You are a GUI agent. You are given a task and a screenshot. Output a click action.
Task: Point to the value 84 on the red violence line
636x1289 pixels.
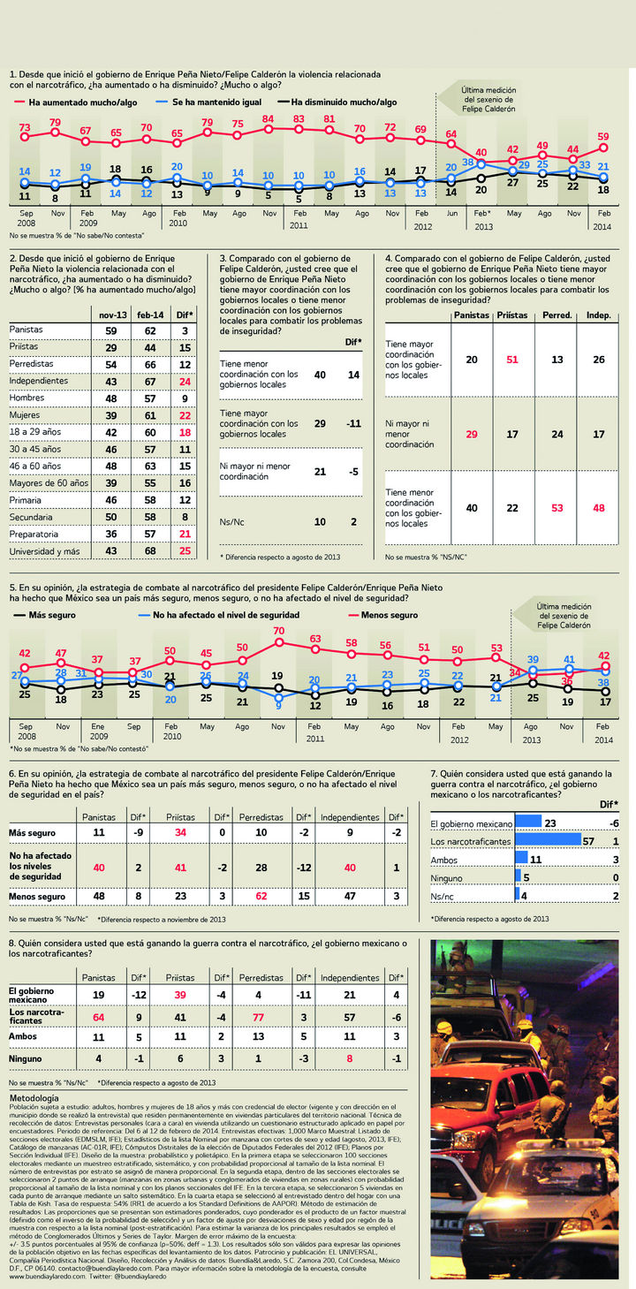point(268,118)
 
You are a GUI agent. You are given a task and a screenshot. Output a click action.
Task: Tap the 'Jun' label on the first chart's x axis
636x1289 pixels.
point(451,214)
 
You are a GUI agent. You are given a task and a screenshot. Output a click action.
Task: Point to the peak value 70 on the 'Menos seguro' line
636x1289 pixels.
point(278,631)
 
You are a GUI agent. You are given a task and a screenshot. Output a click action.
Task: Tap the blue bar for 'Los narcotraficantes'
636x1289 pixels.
point(548,840)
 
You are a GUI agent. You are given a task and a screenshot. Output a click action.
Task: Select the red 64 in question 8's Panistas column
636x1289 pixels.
point(98,1017)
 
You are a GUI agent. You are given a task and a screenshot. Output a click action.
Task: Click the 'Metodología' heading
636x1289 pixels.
point(34,1097)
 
